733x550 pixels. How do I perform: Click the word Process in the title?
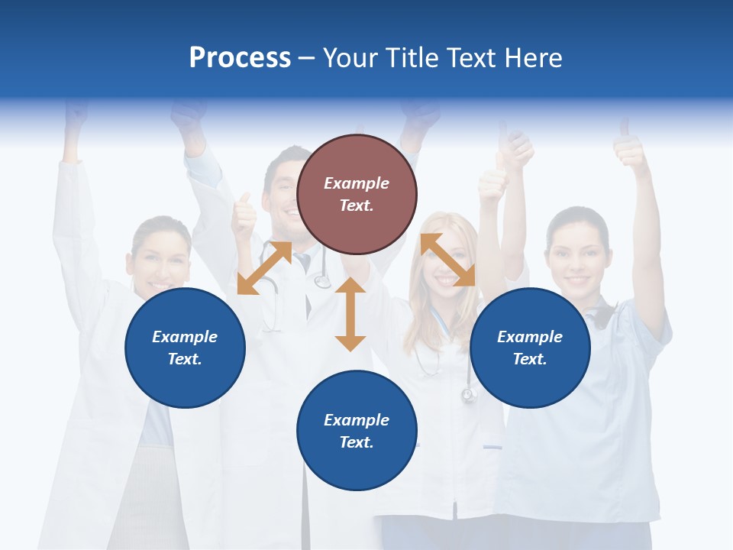tap(240, 58)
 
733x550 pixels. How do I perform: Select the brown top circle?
tap(357, 194)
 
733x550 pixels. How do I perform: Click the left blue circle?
tap(185, 348)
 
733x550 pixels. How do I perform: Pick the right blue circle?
tap(530, 348)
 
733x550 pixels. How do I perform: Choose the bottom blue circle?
tap(357, 431)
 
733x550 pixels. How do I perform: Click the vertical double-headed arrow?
tap(350, 314)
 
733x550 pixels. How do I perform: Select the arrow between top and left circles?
tap(264, 267)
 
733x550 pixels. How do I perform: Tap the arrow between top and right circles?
tap(447, 260)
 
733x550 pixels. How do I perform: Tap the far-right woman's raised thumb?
tap(631, 145)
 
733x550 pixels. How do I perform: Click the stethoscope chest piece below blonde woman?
tap(468, 395)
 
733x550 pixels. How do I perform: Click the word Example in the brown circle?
tap(357, 183)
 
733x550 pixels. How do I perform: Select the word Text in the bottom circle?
tap(357, 442)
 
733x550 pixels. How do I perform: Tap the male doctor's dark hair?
tap(286, 157)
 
